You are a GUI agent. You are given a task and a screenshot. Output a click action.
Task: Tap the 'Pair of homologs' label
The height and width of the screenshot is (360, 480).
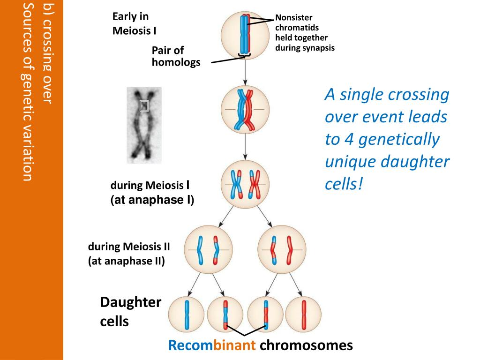pyautogui.click(x=176, y=56)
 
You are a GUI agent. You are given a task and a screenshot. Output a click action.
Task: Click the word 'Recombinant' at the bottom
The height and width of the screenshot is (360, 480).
pyautogui.click(x=212, y=346)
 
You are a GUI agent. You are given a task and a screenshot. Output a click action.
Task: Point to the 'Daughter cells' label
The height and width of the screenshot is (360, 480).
pyautogui.click(x=130, y=312)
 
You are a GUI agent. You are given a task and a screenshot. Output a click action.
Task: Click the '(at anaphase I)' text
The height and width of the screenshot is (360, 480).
pyautogui.click(x=152, y=200)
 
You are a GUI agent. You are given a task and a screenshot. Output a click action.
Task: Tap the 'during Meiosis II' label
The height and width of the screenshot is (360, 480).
pyautogui.click(x=129, y=247)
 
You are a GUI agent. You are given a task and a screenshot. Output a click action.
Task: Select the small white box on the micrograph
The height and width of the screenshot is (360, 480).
pyautogui.click(x=144, y=106)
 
